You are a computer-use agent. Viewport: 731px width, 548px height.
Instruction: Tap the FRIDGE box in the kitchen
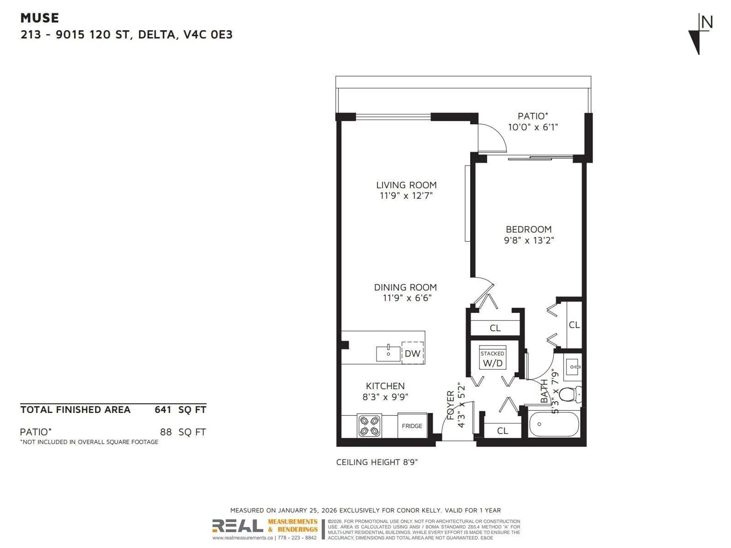click(x=412, y=426)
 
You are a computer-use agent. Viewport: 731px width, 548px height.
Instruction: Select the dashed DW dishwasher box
click(x=413, y=353)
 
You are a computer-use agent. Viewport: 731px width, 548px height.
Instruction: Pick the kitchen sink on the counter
click(x=388, y=354)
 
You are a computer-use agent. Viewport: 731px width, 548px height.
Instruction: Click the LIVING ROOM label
click(x=406, y=185)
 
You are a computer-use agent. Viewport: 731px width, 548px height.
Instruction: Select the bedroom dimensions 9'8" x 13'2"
click(x=529, y=240)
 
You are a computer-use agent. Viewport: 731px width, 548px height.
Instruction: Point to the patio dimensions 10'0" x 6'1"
click(x=533, y=127)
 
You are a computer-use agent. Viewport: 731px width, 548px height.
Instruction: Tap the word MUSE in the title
click(x=40, y=18)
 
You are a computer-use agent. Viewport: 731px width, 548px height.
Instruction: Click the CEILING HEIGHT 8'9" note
click(x=377, y=462)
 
